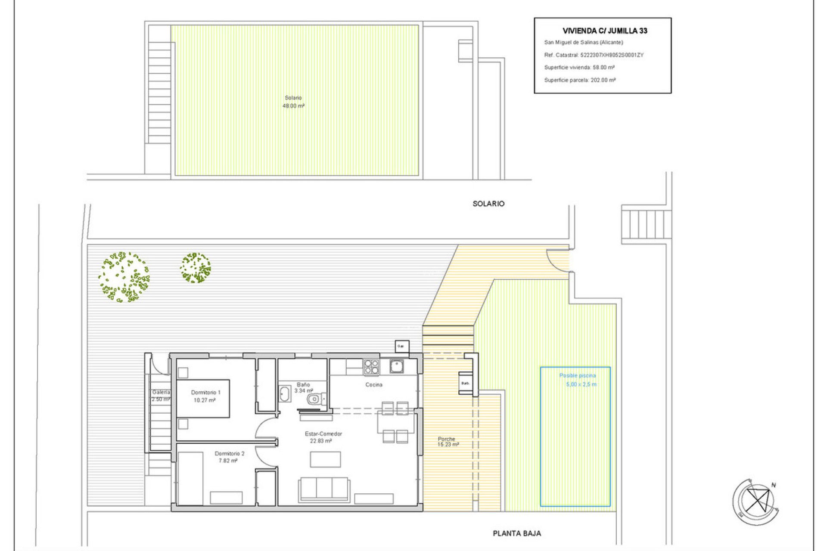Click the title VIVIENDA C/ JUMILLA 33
[x=604, y=31]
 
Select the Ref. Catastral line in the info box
[x=594, y=55]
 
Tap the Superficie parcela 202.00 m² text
[x=580, y=80]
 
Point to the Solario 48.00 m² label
[x=293, y=102]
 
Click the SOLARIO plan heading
[x=488, y=204]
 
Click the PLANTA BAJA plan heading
[x=516, y=533]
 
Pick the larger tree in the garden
[x=124, y=277]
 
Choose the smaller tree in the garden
[x=196, y=268]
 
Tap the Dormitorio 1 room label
[x=205, y=396]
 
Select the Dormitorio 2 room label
[x=229, y=457]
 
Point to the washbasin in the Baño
[x=285, y=394]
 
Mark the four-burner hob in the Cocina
[x=371, y=367]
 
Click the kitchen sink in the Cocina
[x=397, y=366]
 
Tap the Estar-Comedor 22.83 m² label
[x=323, y=437]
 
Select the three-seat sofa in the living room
[x=324, y=489]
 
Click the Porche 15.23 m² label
[x=448, y=442]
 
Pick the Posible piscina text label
[x=577, y=376]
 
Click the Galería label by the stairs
[x=161, y=396]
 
